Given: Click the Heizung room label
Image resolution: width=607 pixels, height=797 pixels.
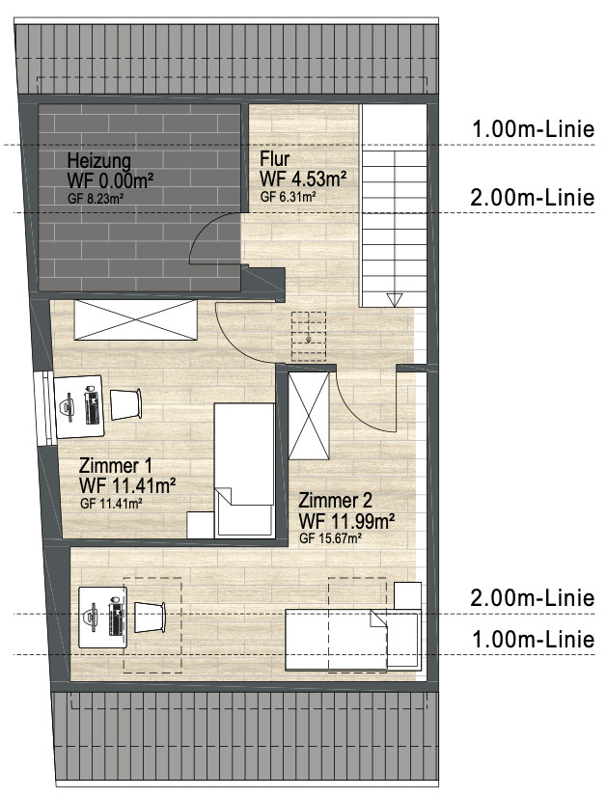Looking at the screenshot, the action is (99, 162).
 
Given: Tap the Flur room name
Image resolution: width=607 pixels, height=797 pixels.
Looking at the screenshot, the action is (274, 158).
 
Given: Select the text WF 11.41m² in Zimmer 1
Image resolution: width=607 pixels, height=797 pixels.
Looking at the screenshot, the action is (127, 485).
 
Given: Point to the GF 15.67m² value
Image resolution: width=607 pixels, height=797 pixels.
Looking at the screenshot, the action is (330, 538).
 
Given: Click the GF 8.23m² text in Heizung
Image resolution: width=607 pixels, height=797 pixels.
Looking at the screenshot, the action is (97, 199).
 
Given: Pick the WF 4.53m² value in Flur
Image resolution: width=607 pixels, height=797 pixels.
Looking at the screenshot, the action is (303, 179).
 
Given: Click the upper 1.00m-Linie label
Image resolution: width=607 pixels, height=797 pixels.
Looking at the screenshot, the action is (534, 129).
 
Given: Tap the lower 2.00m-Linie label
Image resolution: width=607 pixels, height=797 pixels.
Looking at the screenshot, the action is (533, 598).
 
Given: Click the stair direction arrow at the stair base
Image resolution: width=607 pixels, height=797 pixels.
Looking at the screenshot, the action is (394, 300).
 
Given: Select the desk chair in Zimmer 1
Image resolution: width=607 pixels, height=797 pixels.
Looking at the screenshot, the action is (125, 404).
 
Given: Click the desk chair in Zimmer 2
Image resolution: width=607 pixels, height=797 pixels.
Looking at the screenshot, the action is (150, 618).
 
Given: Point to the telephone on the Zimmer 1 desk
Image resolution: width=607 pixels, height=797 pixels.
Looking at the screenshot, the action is (68, 407).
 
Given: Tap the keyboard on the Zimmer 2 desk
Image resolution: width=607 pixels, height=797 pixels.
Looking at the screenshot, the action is (117, 618).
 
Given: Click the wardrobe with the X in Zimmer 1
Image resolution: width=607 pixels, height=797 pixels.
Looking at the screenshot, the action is (135, 319).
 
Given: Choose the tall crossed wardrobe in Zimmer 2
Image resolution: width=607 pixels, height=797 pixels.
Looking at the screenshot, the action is (309, 416).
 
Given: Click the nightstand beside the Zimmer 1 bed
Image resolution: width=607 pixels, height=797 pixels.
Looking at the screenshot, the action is (201, 525).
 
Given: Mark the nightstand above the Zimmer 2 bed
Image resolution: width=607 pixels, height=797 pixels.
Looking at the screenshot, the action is (407, 595).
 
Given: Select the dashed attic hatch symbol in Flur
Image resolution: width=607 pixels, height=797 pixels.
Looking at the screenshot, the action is (309, 337).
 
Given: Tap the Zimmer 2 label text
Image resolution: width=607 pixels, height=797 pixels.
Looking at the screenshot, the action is (335, 501).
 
